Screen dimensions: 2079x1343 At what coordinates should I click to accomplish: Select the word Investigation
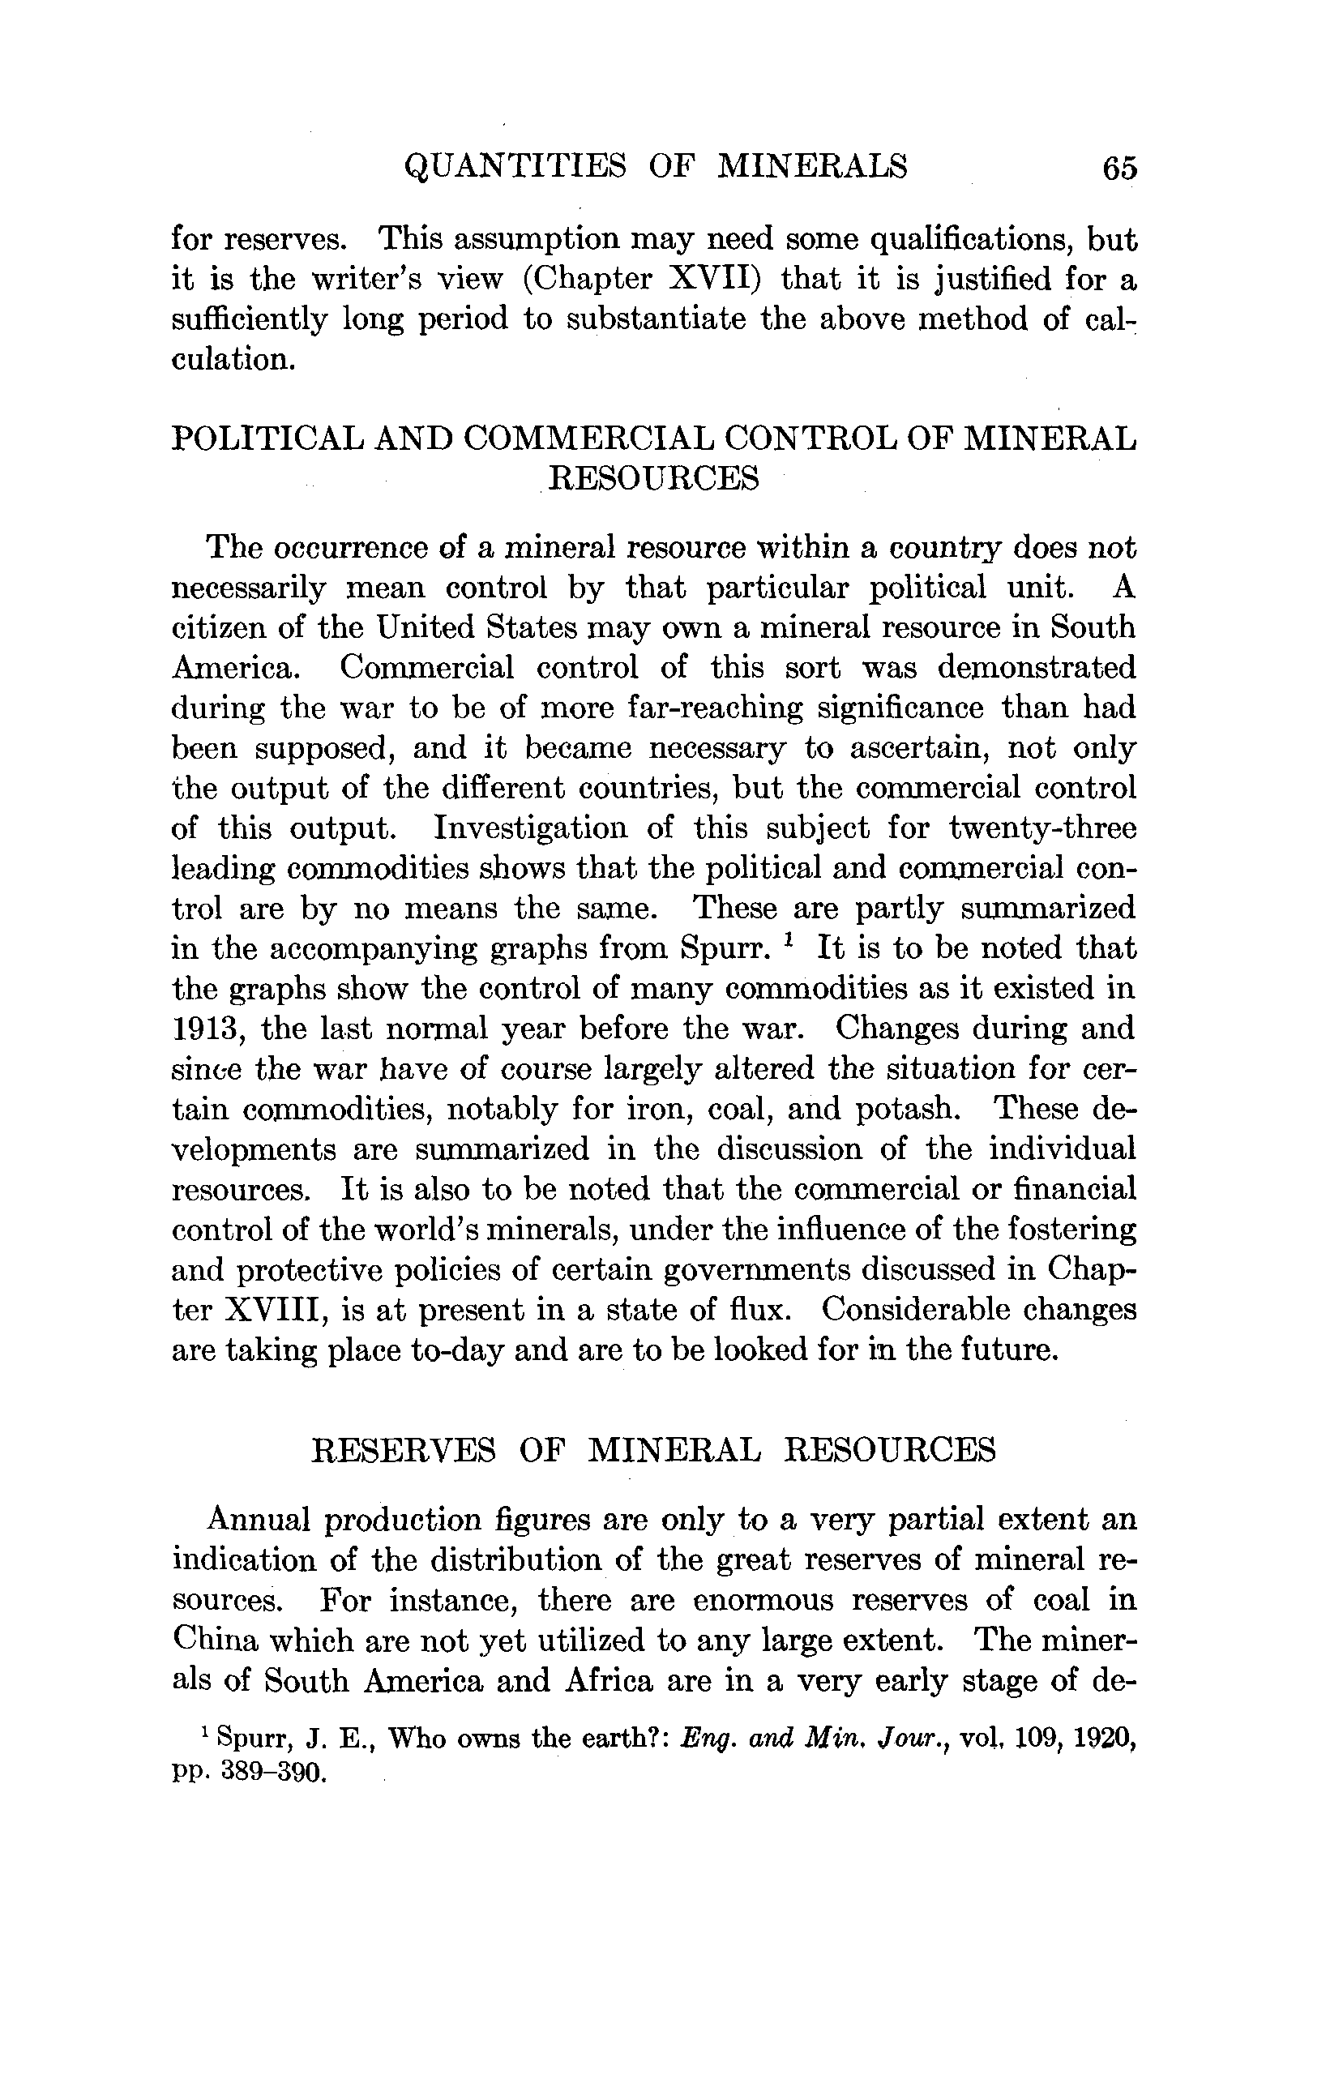tap(530, 828)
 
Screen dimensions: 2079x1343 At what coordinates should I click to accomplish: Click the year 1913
tap(204, 1029)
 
